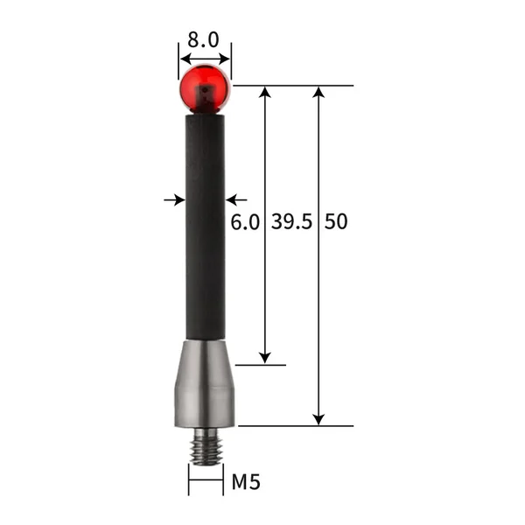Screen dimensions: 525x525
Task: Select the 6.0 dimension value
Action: [245, 222]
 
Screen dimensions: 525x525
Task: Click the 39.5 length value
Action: [290, 222]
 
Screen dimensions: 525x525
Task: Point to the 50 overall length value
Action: [336, 222]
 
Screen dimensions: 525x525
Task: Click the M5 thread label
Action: [247, 480]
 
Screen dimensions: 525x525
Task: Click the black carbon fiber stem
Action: [205, 227]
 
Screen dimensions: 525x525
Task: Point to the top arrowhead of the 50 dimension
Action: [319, 93]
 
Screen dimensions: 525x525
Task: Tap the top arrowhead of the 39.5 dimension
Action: [266, 93]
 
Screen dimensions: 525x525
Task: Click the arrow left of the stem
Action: [172, 200]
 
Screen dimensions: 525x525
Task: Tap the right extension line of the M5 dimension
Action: [222, 479]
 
